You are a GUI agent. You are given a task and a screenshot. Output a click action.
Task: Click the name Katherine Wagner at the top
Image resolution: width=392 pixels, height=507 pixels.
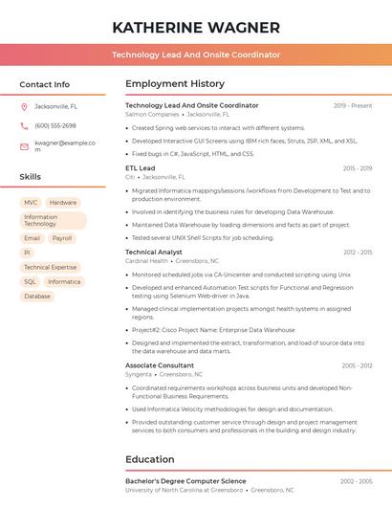coord(196,28)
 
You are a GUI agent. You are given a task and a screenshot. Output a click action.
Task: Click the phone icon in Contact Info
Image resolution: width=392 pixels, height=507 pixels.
coord(24,125)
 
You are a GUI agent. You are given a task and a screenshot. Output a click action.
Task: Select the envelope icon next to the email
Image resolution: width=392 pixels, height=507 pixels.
coord(24,146)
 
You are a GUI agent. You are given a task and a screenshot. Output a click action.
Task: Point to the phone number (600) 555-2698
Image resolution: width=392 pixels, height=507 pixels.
coord(54,125)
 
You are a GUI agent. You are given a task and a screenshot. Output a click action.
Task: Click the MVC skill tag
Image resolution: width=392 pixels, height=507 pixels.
coord(31,203)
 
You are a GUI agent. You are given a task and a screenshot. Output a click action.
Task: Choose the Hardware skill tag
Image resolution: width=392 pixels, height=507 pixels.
coord(63,203)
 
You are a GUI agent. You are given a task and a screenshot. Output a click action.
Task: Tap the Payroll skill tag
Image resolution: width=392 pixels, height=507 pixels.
coord(62,238)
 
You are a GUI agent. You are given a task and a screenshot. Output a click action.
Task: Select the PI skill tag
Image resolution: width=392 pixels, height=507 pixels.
coord(28,253)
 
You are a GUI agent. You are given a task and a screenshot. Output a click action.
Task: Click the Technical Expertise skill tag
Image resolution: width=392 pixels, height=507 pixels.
coord(50,268)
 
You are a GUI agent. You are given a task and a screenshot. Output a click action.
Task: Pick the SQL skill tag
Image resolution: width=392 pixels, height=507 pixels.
coord(30,282)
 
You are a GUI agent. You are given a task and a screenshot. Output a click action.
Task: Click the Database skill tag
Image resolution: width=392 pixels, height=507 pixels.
coord(37,297)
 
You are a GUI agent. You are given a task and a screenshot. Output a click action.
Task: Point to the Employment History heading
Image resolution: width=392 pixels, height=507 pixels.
coord(175,84)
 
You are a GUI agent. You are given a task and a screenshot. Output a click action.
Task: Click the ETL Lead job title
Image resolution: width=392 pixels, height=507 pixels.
coord(140,167)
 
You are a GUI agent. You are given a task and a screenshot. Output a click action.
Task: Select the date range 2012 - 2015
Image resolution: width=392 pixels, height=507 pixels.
coord(358,252)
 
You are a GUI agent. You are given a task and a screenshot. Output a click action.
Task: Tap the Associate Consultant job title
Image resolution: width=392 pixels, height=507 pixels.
coord(159,365)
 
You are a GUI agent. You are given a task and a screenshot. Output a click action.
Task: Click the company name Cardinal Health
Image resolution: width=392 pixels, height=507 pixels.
coord(146,260)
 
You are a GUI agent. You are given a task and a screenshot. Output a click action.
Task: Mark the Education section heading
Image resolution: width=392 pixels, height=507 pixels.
coord(150,459)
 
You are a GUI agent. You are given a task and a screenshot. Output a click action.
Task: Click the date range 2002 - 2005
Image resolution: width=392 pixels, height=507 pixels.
coord(358,481)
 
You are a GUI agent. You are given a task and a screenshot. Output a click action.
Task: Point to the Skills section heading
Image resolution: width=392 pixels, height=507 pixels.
coord(31,177)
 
